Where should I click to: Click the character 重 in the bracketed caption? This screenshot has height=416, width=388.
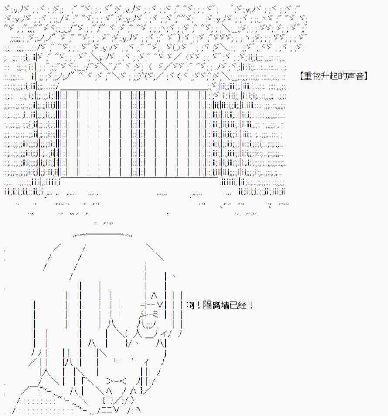(307, 76)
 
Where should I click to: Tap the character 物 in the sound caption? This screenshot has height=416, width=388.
(316, 76)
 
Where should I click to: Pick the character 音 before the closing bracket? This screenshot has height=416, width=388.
(360, 76)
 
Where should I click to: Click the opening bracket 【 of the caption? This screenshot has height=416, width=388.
(301, 76)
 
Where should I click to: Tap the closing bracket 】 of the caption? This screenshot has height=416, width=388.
(366, 76)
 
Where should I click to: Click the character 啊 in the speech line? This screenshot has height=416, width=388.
(190, 305)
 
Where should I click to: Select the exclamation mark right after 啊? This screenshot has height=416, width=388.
(198, 305)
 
